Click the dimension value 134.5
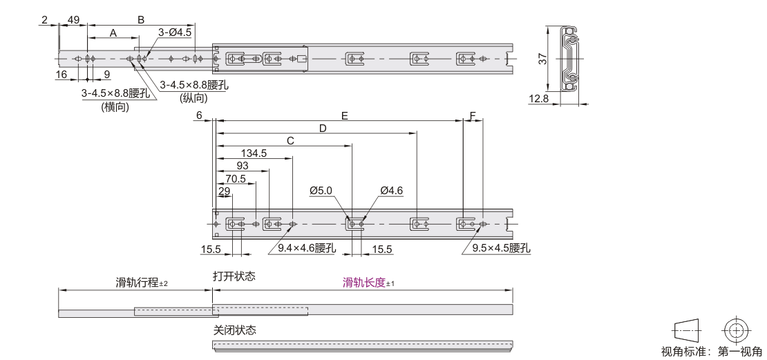coord(254,153)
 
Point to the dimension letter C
coord(290,140)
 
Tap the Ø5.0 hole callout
coord(321,190)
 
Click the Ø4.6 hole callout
coord(391,190)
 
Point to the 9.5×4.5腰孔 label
coord(502,247)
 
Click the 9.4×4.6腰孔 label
coord(306,247)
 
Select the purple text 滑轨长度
coord(365,283)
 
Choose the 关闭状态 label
coord(234,330)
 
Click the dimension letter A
coord(113,32)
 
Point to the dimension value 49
coord(73,20)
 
